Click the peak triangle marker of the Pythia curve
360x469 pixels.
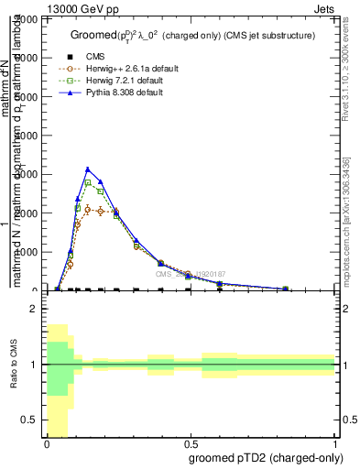pos(88,169)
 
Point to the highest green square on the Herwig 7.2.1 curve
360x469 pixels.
pos(88,183)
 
